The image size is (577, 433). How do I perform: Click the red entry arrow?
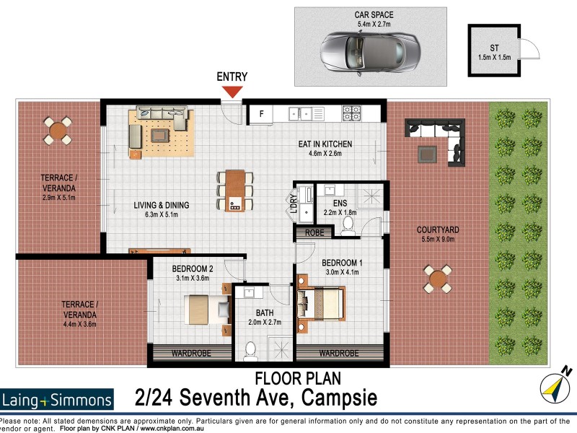[x=232, y=92]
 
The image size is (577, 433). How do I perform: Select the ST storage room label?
[x=494, y=49]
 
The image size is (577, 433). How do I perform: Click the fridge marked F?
[x=261, y=113]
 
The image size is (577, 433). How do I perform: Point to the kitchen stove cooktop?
[x=351, y=113]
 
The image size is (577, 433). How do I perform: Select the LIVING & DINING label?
[x=162, y=206]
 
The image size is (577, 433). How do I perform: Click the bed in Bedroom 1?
[x=320, y=301]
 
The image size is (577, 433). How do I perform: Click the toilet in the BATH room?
[x=250, y=351]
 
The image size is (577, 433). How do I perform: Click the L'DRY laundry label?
[x=293, y=204]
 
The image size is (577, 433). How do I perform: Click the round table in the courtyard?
[x=438, y=279]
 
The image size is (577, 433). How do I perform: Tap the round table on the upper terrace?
[x=57, y=131]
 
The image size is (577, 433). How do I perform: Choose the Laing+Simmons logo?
[x=58, y=400]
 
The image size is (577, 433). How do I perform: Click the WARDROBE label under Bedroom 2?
[x=191, y=354]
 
